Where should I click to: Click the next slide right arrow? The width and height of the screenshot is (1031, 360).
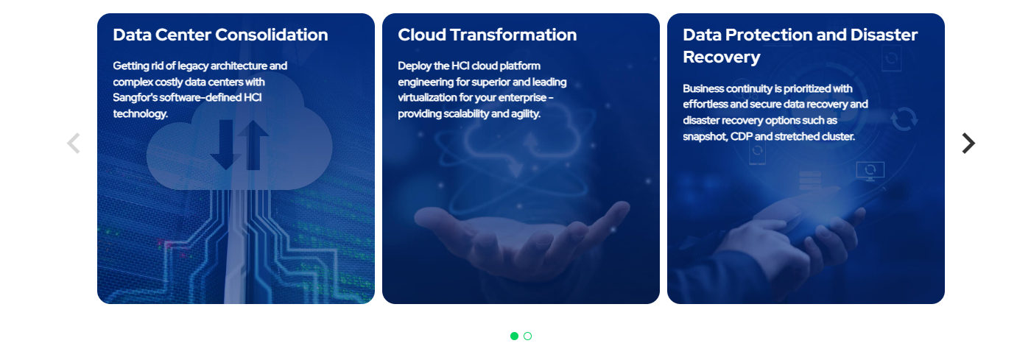(968, 143)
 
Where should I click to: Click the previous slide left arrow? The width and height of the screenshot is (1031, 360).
(74, 143)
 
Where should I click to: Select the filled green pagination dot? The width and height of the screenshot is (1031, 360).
(514, 336)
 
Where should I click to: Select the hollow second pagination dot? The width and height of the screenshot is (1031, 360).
(527, 336)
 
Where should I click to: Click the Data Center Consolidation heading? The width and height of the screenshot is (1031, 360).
(220, 35)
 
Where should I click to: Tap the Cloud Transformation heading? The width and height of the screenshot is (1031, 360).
(487, 35)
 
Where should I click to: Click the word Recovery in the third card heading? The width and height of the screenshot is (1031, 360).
(721, 57)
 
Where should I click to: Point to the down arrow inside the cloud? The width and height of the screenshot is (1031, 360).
(225, 144)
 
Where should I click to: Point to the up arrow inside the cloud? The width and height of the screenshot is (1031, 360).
(253, 144)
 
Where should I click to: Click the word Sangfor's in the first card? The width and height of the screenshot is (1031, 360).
(136, 98)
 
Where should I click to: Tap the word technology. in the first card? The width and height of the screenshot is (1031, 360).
(141, 113)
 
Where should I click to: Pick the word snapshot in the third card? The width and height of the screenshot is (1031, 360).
(705, 137)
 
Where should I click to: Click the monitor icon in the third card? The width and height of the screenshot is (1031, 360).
(870, 172)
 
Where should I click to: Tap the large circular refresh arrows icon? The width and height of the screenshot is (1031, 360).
(904, 119)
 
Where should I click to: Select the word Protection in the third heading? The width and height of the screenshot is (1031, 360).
(769, 35)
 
